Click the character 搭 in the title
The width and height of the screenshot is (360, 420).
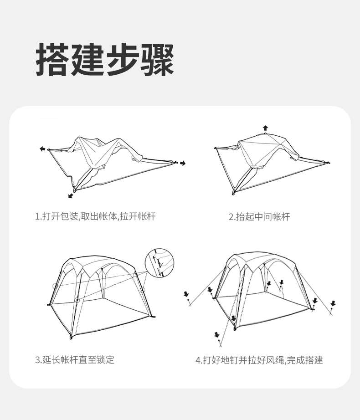[53, 60]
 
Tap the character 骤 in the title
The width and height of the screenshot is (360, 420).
[157, 60]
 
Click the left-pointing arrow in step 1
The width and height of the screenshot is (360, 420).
[42, 149]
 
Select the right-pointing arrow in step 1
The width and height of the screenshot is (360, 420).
[183, 163]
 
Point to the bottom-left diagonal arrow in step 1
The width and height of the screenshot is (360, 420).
[70, 196]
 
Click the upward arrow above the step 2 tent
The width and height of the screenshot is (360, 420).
[265, 128]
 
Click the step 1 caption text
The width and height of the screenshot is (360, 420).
[95, 216]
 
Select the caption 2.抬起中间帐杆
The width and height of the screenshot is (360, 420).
[259, 217]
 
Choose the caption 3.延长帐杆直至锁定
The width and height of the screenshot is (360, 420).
[75, 360]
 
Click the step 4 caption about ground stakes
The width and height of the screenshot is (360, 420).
[259, 360]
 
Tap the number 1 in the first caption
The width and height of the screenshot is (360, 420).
[37, 216]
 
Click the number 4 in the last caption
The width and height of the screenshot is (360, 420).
[198, 360]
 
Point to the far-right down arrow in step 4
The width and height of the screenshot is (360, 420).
[333, 303]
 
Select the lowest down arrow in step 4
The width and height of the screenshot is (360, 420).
[216, 335]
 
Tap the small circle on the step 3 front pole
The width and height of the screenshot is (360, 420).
[77, 300]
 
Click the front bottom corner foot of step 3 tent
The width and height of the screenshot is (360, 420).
[71, 338]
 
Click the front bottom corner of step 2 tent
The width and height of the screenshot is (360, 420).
[234, 194]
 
